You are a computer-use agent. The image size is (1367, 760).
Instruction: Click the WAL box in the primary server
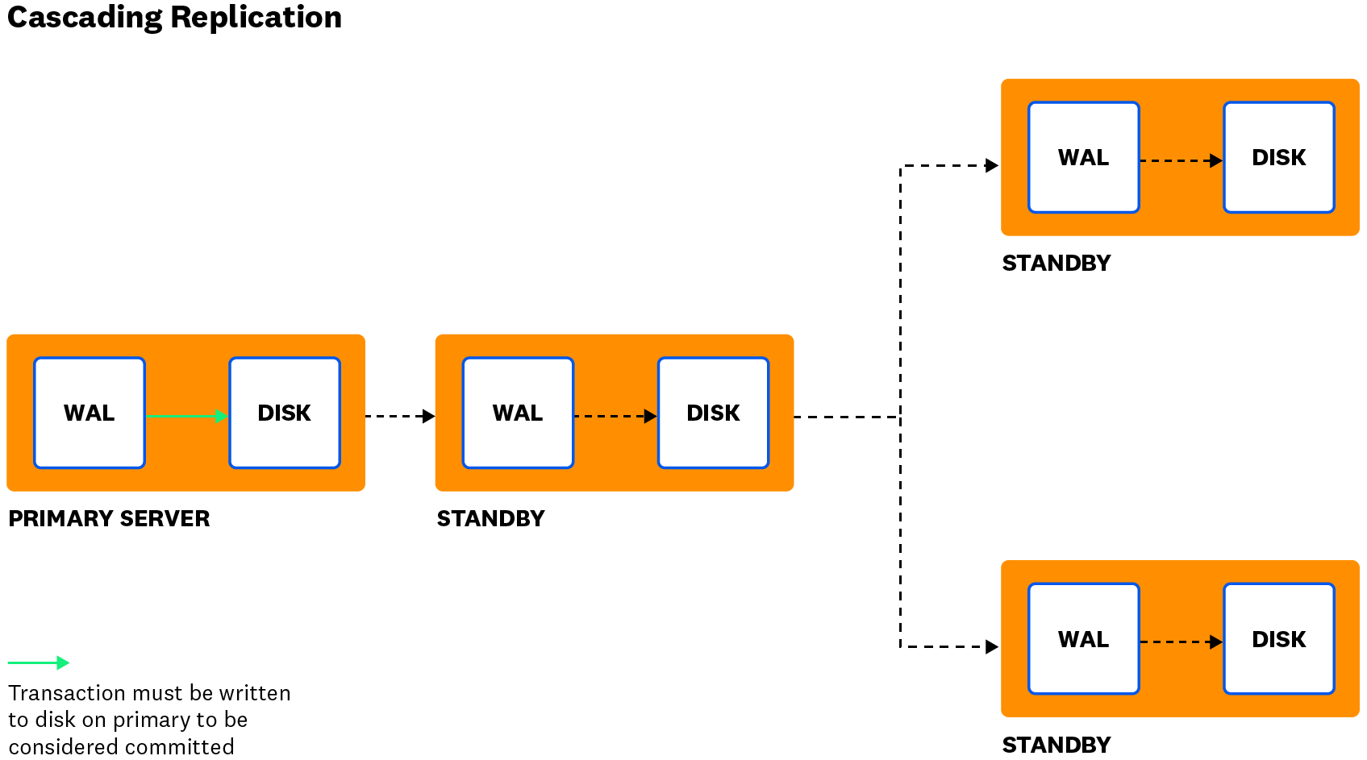[x=90, y=413]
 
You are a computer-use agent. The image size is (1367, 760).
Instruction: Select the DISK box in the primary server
[x=285, y=413]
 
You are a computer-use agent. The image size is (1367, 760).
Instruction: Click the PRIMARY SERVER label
[x=109, y=518]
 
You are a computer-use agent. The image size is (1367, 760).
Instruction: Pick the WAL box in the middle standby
[x=518, y=413]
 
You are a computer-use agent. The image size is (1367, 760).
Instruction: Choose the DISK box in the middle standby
[x=713, y=413]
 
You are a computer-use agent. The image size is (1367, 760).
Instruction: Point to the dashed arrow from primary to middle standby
[x=400, y=416]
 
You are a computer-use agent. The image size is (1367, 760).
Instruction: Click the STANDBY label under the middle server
[x=490, y=518]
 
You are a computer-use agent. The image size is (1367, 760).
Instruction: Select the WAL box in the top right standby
[x=1083, y=157]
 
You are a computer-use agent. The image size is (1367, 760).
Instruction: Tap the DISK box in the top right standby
[x=1278, y=157]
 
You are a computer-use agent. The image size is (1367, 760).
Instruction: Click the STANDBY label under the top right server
[x=1056, y=263]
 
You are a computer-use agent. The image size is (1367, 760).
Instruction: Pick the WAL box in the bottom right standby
[x=1083, y=639]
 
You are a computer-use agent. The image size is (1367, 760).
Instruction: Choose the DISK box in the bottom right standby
[x=1278, y=639]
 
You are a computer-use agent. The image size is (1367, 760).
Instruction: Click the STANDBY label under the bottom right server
[x=1056, y=745]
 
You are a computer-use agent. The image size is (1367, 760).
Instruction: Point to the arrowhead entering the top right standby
[x=992, y=165]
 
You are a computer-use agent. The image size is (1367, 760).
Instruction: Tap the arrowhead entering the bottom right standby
[x=992, y=646]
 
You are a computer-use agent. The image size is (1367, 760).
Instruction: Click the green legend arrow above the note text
[x=39, y=662]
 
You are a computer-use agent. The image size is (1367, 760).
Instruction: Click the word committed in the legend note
[x=185, y=746]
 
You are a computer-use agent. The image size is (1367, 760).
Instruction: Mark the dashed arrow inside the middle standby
[x=615, y=416]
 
